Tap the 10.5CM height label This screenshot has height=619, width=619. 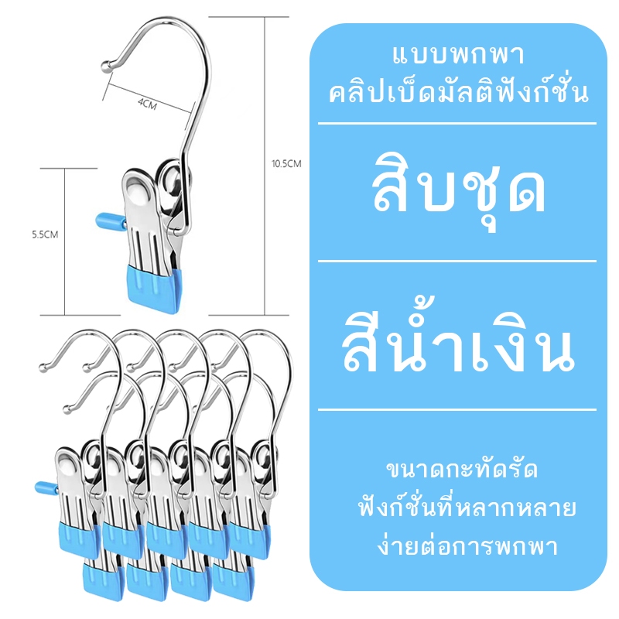(286, 163)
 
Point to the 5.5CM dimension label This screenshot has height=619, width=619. (45, 234)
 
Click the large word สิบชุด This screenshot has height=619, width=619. (458, 190)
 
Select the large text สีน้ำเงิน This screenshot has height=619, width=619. (457, 340)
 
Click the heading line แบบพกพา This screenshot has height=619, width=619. (458, 56)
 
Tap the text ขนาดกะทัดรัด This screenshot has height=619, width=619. (462, 470)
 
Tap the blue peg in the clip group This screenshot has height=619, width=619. (46, 488)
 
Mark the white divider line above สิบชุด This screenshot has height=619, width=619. (457, 124)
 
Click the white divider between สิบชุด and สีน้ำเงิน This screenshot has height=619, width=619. (457, 262)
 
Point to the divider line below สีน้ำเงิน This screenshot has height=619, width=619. (457, 410)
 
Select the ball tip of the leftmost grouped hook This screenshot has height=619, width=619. (43, 368)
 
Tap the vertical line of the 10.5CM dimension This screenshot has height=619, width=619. (265, 166)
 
